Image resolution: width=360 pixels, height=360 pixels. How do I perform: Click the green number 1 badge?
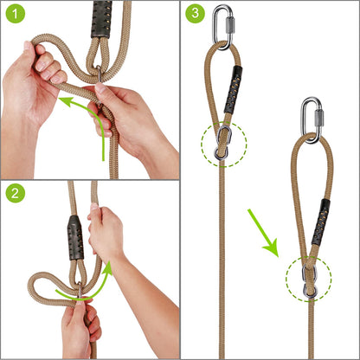15,15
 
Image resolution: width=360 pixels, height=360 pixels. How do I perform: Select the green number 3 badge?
196,15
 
